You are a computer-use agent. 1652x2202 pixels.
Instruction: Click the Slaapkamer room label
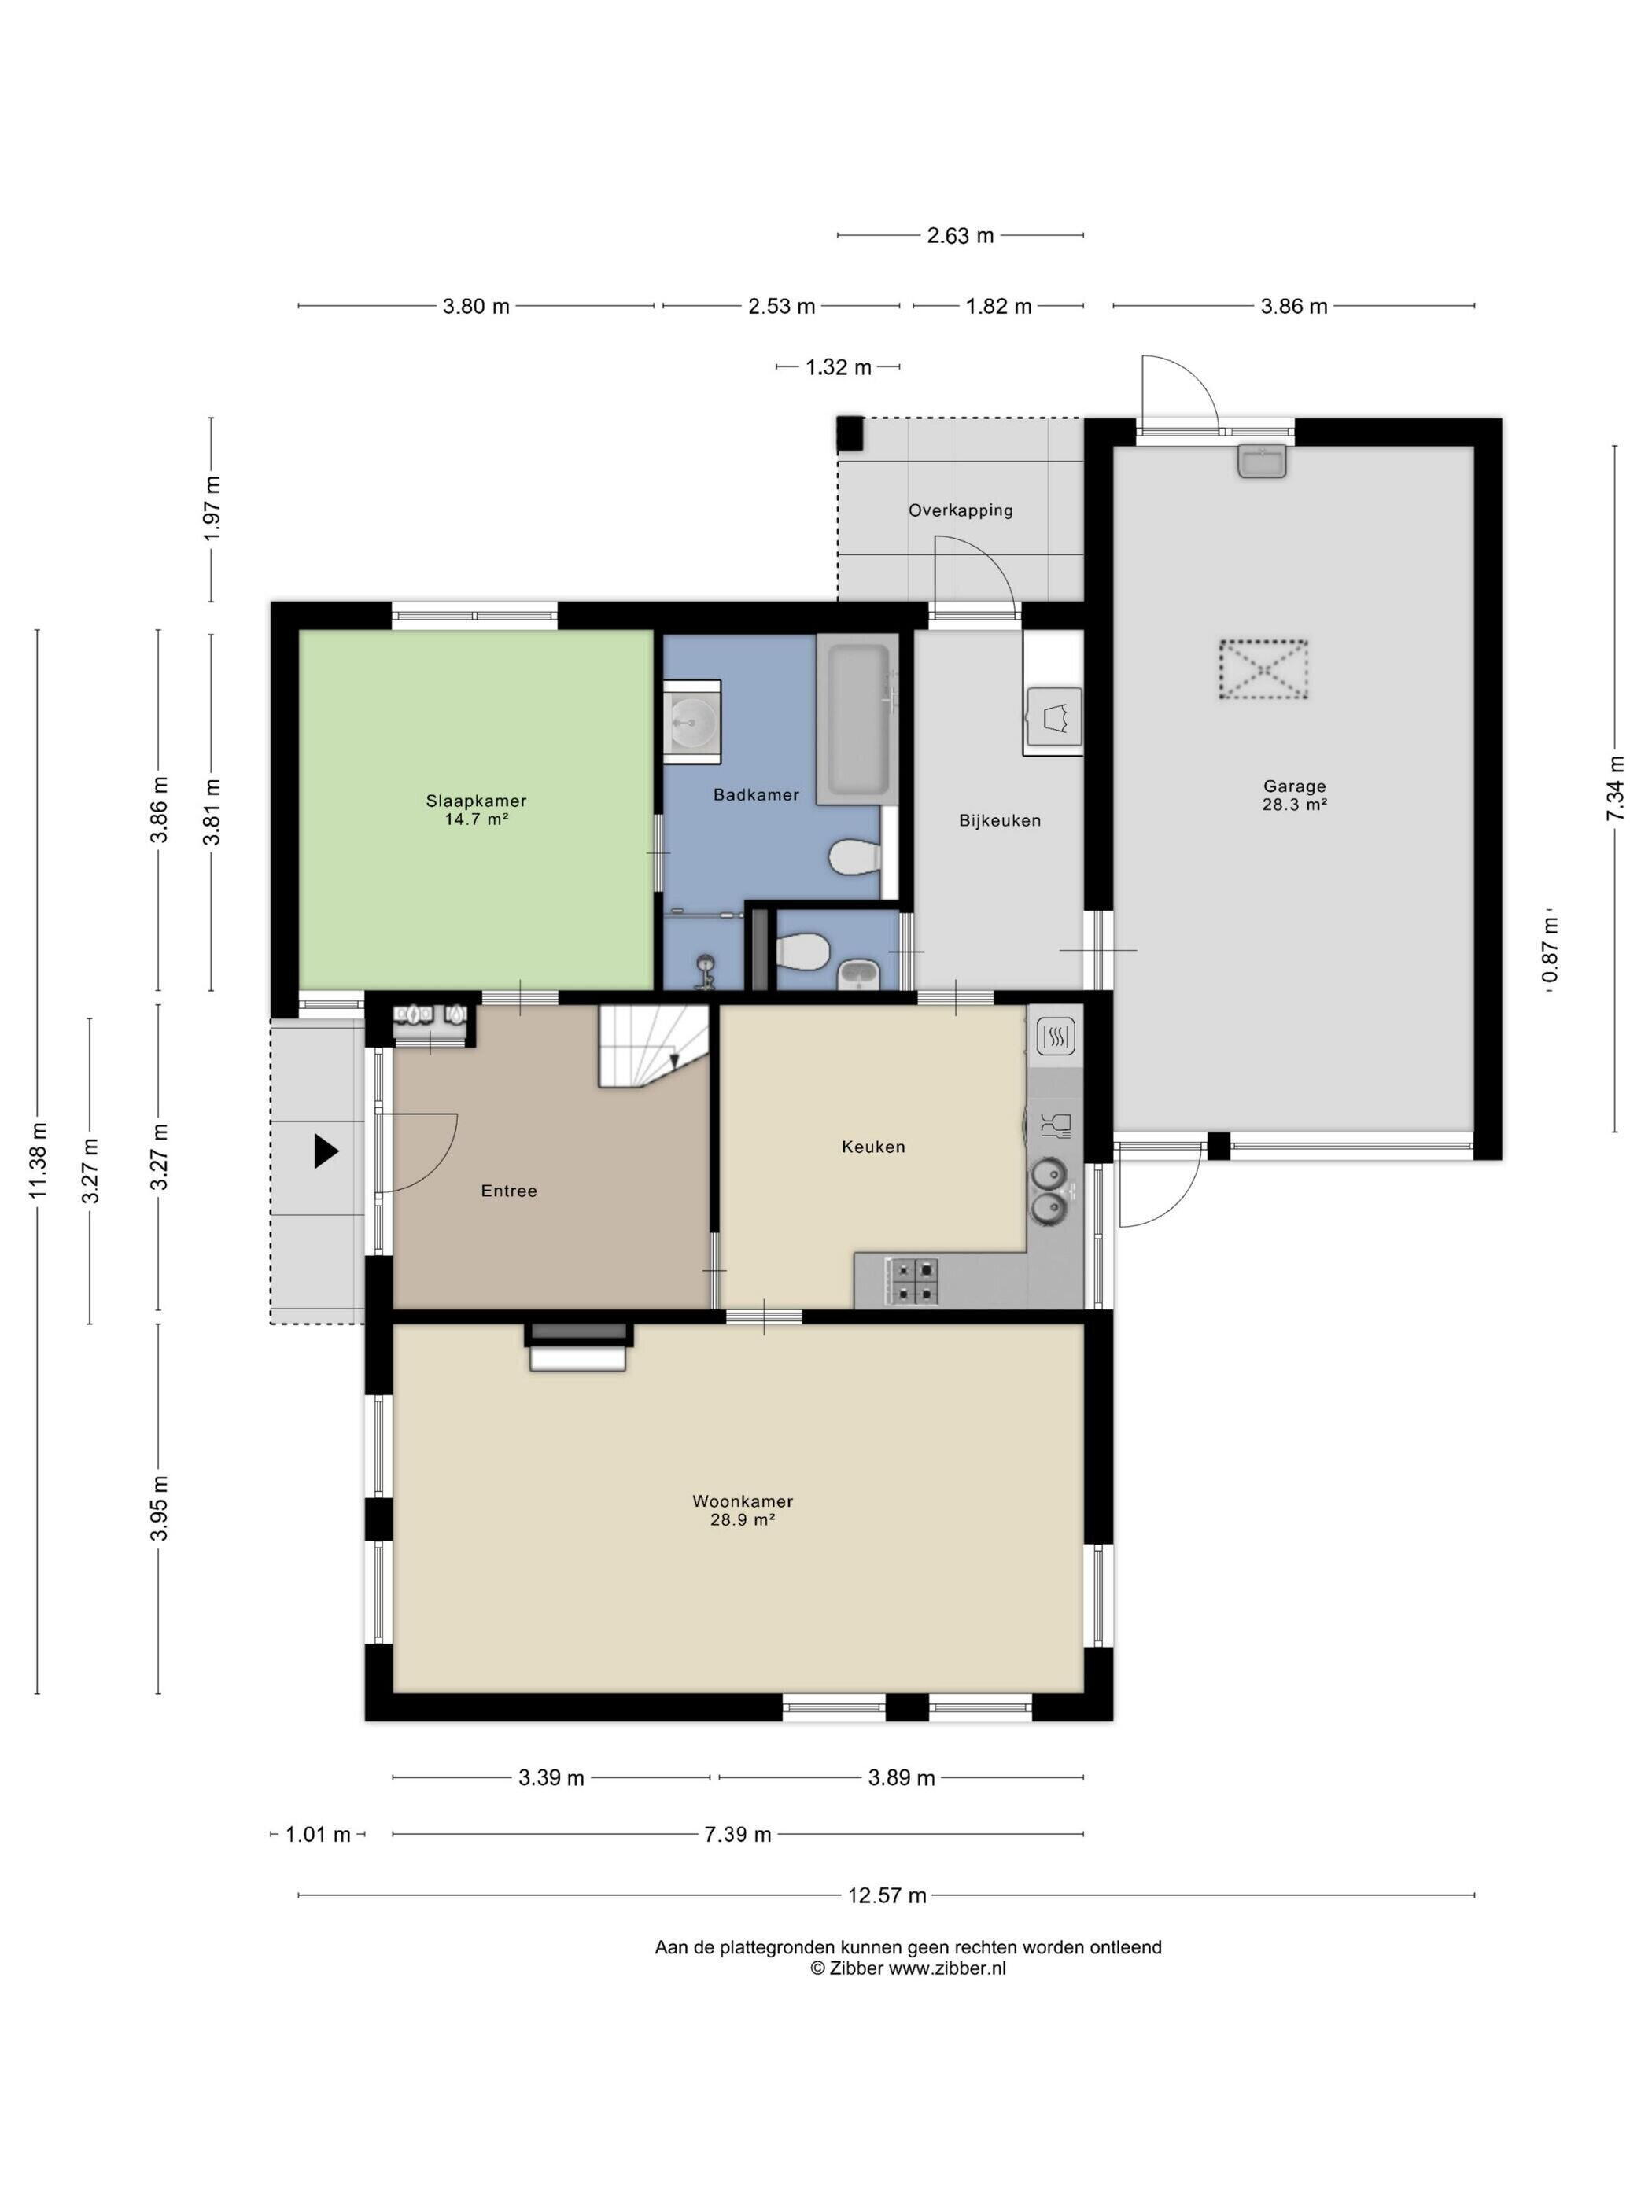click(x=476, y=809)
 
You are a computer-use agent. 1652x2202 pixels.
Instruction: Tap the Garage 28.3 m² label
click(x=1293, y=795)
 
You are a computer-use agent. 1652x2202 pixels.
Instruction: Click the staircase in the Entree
click(x=653, y=1045)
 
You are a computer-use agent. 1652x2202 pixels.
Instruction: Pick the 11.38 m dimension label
click(x=38, y=1161)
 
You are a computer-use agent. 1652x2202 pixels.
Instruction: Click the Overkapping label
click(x=960, y=510)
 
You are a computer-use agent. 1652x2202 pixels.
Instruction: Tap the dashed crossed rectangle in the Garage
click(x=1263, y=670)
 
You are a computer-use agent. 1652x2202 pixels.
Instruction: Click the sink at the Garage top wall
click(x=1263, y=460)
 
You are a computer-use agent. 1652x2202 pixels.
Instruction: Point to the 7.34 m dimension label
click(x=1614, y=787)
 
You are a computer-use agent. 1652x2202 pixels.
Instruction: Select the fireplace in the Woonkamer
click(x=577, y=1347)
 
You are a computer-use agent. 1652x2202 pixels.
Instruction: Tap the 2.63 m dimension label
click(x=960, y=236)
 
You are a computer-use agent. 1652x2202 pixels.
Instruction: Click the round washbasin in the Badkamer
click(x=692, y=720)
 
